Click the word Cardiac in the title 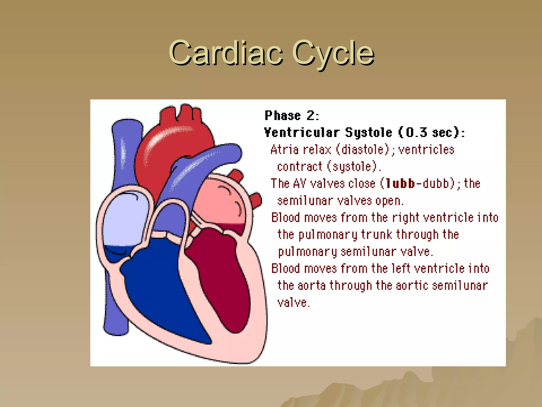click(x=226, y=53)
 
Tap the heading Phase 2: click(x=292, y=116)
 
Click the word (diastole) click(x=363, y=150)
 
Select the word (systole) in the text click(x=352, y=167)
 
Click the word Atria click(x=284, y=150)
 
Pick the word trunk click(x=376, y=235)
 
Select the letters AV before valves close click(x=300, y=183)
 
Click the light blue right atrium click(x=124, y=220)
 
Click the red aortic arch click(x=169, y=143)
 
